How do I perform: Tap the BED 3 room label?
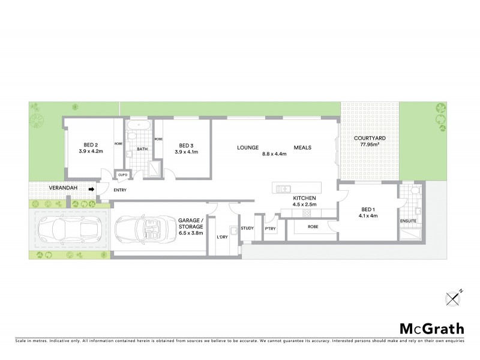[185, 145]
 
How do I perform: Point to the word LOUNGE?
[247, 146]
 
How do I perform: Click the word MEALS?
[304, 146]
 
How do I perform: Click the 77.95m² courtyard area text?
[369, 145]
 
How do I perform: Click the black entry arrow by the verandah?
[91, 190]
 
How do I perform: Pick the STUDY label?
[247, 228]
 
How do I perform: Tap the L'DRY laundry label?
[223, 237]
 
